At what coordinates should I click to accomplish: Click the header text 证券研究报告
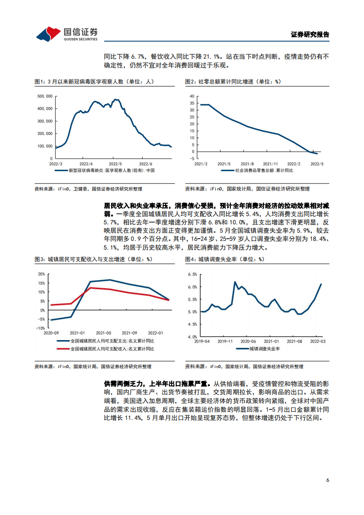pos(310,34)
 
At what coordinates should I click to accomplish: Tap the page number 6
pos(327,480)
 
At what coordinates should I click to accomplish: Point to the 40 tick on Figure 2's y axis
pos(192,96)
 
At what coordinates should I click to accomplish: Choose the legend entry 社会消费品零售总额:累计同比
pos(263,170)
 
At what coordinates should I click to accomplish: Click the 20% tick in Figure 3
pos(42,274)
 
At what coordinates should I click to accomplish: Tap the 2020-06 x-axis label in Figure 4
pos(248,341)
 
